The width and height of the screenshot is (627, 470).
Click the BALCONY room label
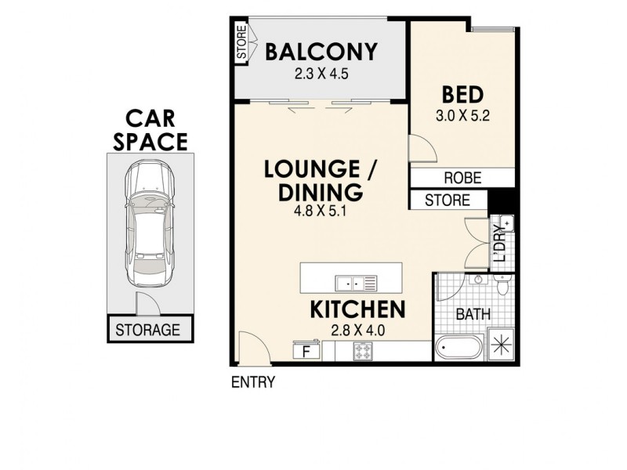pos(321,52)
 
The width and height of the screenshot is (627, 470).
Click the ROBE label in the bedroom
pos(462,178)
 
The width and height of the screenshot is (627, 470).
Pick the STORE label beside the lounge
pos(447,201)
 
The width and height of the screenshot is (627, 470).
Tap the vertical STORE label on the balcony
pos(241,44)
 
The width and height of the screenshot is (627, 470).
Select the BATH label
pos(473,315)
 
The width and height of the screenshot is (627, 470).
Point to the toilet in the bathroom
pos(503,285)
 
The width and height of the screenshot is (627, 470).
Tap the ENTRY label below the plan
pos(252,383)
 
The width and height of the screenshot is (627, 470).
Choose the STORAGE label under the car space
pos(149,330)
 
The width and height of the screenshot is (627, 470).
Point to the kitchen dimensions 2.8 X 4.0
pos(359,331)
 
